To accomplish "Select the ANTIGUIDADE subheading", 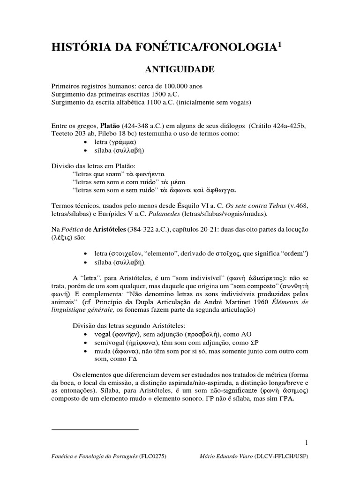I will [x=180, y=69].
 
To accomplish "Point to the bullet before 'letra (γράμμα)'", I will [x=84, y=142].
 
